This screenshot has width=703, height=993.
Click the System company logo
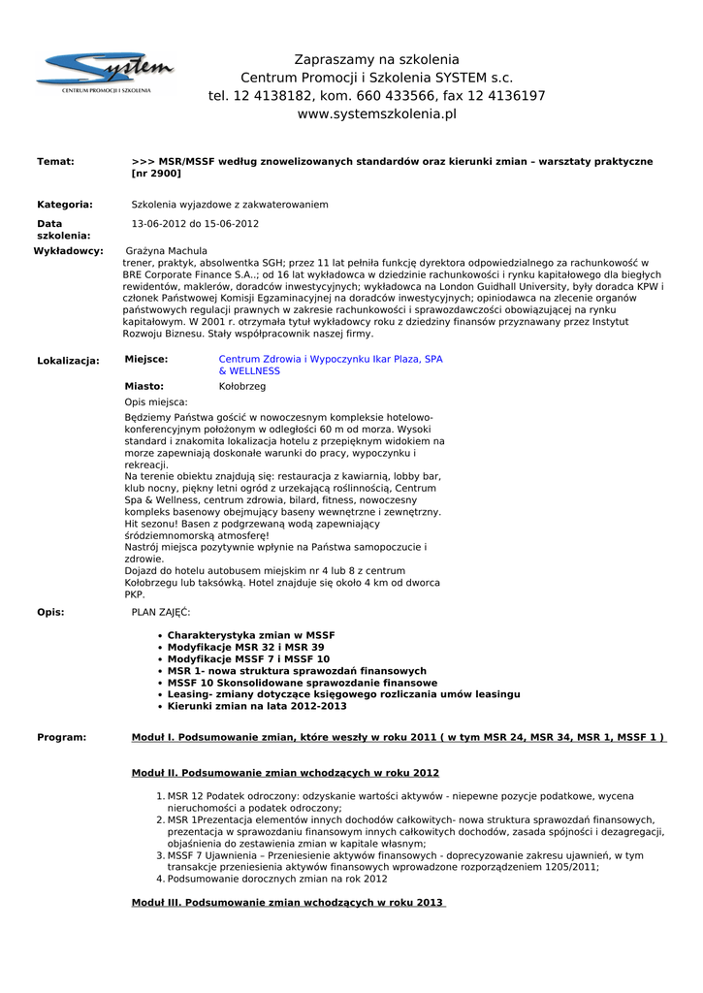(105, 73)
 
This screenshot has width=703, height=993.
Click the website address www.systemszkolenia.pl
(376, 114)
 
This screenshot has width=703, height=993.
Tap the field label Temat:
(55, 161)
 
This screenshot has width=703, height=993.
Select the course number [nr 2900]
(156, 174)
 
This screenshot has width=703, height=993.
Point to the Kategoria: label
(65, 205)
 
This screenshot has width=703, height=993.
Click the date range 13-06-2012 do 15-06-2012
(195, 224)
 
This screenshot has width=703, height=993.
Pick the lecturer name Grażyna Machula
(167, 251)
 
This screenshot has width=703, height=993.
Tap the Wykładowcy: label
(68, 251)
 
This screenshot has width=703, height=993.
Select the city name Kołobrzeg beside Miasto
(242, 386)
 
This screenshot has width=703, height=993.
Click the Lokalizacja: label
(68, 361)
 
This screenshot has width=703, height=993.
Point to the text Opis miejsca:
(156, 401)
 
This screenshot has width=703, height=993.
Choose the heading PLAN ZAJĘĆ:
(161, 612)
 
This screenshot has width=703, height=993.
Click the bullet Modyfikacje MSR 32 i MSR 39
(245, 647)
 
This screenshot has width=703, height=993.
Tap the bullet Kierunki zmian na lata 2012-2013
(257, 706)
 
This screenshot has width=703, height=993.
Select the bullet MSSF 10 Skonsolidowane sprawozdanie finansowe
(303, 683)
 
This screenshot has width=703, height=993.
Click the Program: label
(61, 738)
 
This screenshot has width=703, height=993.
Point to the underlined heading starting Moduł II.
(285, 773)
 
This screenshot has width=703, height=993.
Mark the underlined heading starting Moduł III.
(288, 903)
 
